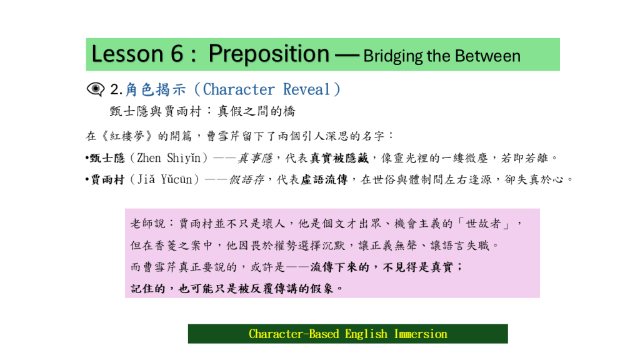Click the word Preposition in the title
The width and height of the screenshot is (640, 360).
click(269, 54)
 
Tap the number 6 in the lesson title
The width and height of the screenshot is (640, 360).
click(177, 54)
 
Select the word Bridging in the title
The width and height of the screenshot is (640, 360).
click(392, 56)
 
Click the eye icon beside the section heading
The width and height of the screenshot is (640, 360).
click(96, 89)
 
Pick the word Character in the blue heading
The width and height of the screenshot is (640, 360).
click(239, 89)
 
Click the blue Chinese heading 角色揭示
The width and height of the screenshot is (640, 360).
click(156, 89)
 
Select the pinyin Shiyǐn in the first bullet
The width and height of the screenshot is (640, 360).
click(184, 158)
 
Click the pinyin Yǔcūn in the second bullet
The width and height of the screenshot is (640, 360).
click(176, 179)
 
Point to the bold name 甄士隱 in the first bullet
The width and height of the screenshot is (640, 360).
click(107, 158)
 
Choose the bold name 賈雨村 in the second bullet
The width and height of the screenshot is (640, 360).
click(107, 179)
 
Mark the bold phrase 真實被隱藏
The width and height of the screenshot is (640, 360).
click(339, 158)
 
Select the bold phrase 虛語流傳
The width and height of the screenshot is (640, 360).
click(324, 179)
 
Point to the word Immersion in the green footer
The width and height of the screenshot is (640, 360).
click(421, 334)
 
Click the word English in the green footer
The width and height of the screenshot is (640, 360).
click(366, 334)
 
